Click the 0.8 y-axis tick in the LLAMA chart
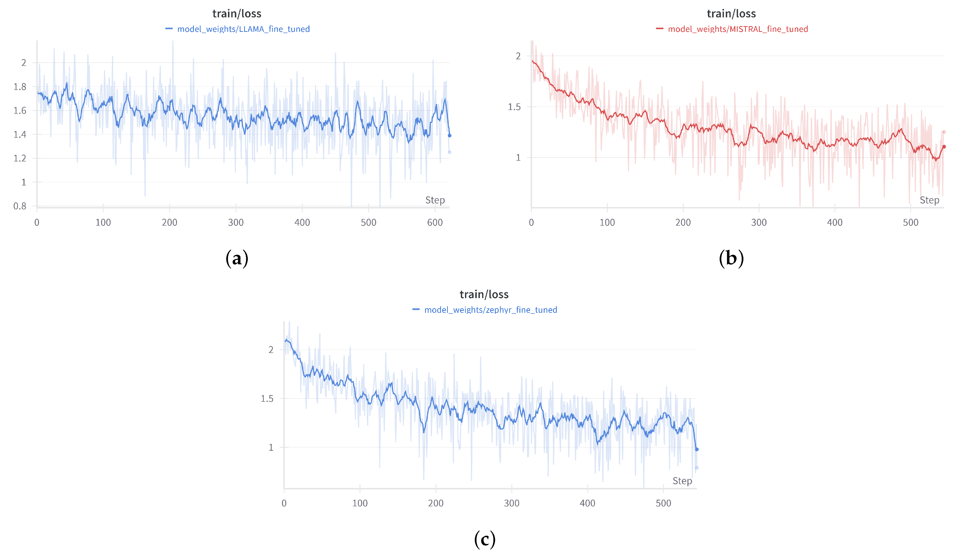point(20,206)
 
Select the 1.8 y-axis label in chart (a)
point(20,86)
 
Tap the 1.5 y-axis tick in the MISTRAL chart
point(514,107)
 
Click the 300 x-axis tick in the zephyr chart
point(511,503)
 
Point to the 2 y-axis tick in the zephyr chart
point(271,350)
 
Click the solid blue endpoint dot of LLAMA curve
point(450,135)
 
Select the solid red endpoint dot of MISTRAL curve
point(944,147)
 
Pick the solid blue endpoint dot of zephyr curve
point(697,449)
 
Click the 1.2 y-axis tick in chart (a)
point(20,158)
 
